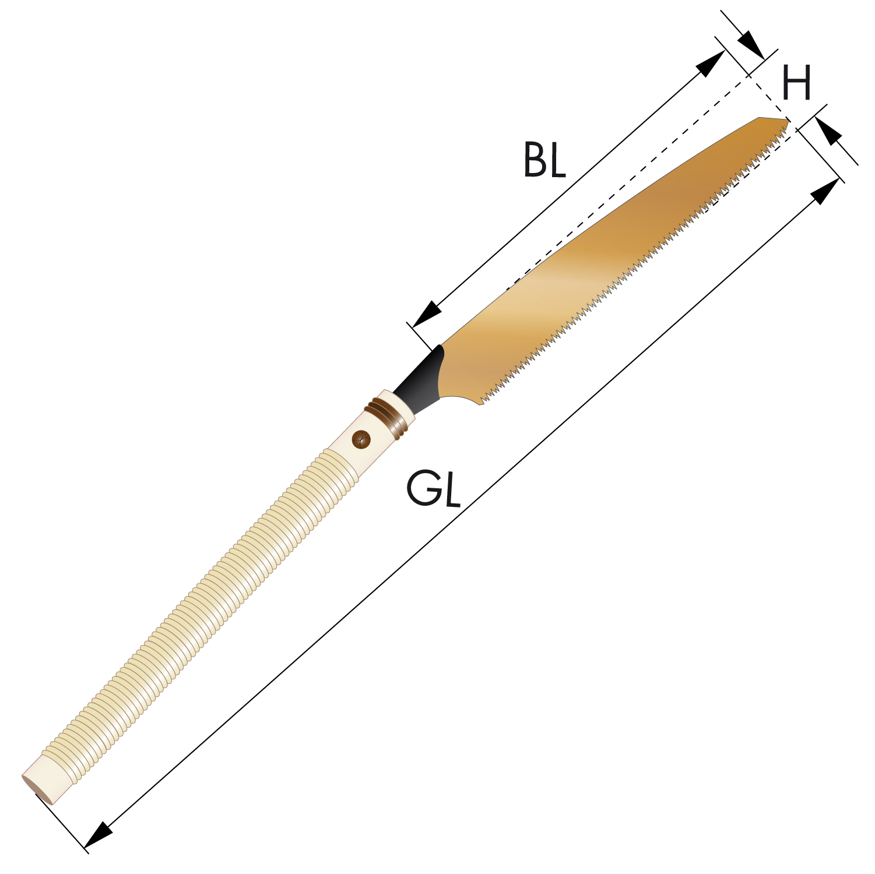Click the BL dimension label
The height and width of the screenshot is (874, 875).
click(x=544, y=159)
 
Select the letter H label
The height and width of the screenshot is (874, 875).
click(x=796, y=82)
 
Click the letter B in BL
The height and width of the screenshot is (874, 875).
click(x=534, y=159)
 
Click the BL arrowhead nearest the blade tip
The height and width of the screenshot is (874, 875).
click(x=712, y=63)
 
